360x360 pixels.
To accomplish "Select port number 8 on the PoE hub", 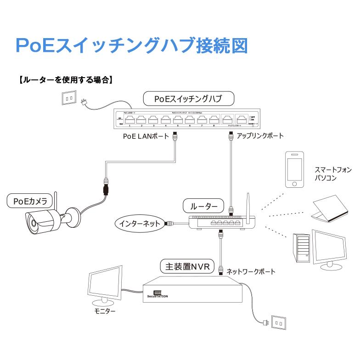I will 213,119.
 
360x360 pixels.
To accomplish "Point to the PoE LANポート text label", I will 146,136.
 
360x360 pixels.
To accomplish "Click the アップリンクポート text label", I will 259,136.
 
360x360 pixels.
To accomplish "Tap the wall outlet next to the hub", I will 68,98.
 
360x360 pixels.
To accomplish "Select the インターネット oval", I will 138,224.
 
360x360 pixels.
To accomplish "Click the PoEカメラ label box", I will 28,201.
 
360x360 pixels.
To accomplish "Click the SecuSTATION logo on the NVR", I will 161,294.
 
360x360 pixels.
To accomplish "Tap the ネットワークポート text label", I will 251,271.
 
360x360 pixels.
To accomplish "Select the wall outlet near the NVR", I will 279,323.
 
